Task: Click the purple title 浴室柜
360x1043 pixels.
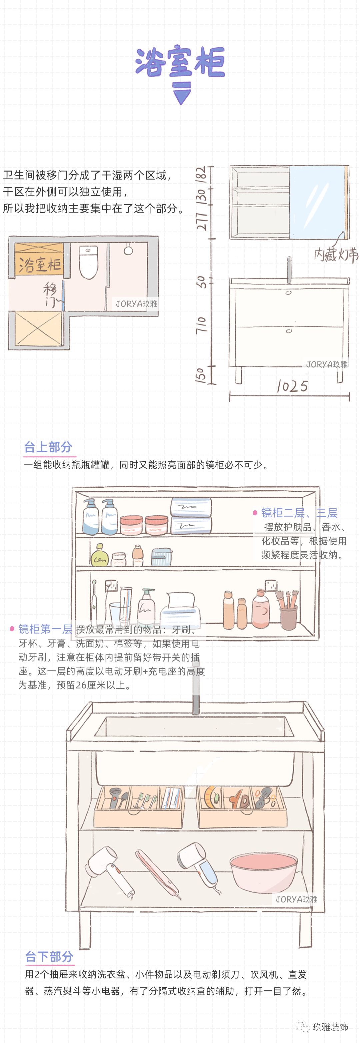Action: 180,62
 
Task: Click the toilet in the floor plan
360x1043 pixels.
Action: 88,262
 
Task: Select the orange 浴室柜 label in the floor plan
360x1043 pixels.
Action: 39,264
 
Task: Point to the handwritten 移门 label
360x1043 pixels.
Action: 51,295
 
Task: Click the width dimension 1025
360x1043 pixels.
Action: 292,386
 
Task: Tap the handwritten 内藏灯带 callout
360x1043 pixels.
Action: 336,254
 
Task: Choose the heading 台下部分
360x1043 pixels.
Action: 49,956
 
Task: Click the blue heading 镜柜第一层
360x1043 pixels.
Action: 45,629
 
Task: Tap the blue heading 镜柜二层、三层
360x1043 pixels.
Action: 299,513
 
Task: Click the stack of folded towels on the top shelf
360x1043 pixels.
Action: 191,515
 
